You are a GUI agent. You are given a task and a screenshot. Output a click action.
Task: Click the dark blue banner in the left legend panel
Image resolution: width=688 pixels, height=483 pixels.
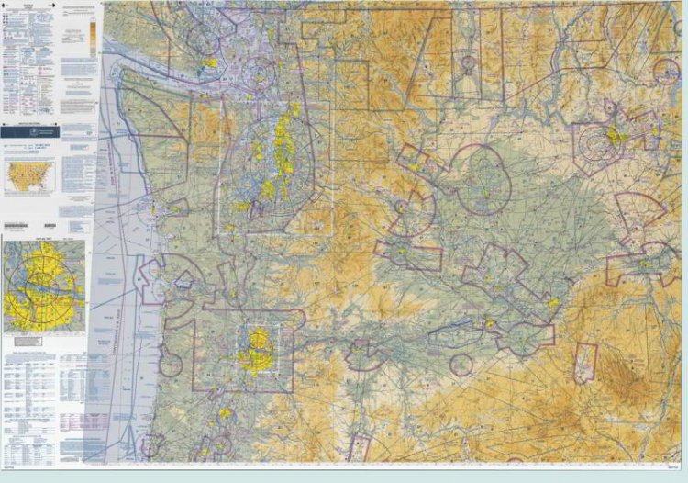(48, 134)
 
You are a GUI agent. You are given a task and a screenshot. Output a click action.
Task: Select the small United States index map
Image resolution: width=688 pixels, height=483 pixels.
(28, 175)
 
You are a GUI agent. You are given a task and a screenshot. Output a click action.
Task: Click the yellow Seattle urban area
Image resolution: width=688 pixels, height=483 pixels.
(275, 152)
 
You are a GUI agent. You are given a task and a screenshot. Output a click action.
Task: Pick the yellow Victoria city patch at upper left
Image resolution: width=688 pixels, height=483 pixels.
(210, 64)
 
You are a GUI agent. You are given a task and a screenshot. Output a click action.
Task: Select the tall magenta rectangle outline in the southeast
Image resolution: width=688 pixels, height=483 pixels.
(584, 363)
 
